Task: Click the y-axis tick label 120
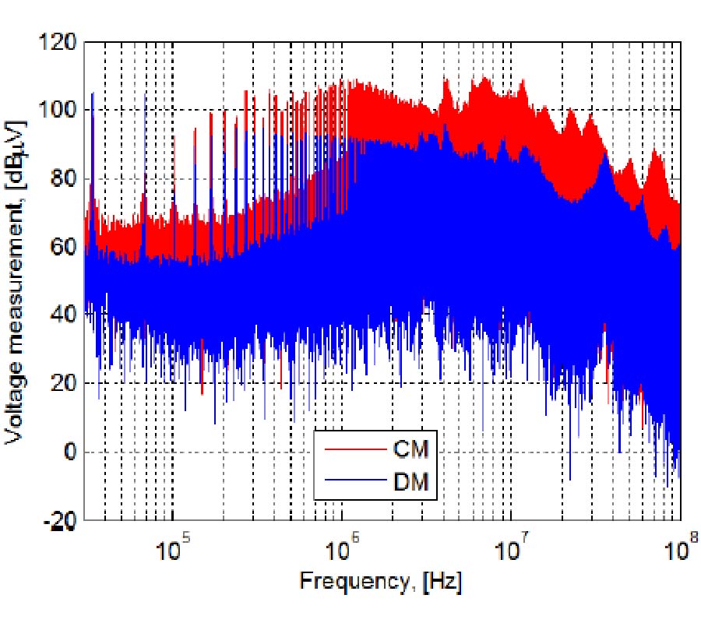(60, 41)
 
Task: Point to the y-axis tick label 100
(60, 110)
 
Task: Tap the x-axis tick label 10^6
(343, 547)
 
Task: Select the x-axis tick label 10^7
(513, 547)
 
